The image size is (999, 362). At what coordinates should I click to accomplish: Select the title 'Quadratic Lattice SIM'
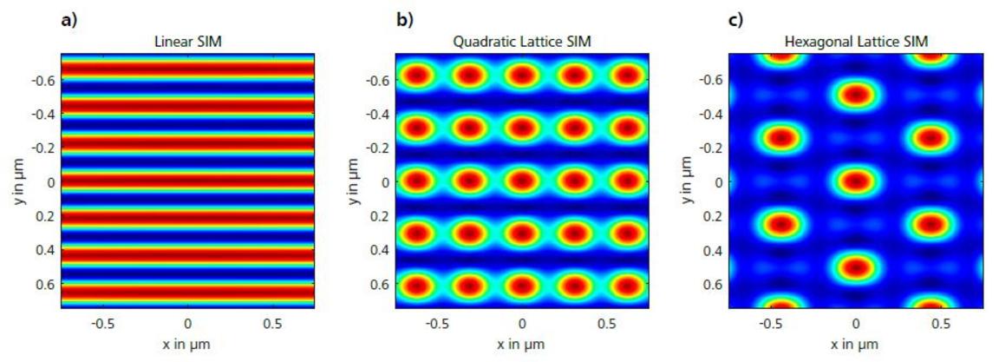point(522,41)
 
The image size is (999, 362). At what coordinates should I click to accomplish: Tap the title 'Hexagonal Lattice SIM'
point(855,41)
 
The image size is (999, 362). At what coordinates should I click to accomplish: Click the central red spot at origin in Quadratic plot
point(522,181)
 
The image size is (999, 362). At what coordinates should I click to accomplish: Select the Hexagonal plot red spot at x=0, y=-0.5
point(856,94)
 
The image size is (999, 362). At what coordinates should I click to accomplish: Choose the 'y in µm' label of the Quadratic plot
point(355,181)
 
